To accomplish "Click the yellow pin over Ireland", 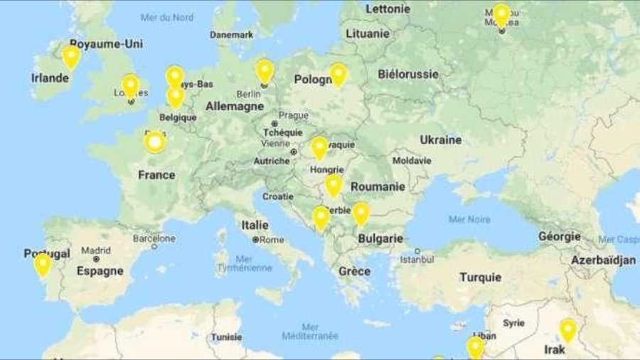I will (x=71, y=55).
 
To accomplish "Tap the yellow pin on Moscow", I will (x=501, y=14).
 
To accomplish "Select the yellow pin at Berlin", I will (x=265, y=70).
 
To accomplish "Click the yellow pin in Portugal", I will (x=43, y=264).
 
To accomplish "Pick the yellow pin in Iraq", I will (x=567, y=329).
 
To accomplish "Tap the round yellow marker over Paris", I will (x=155, y=142).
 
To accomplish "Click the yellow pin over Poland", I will (x=338, y=74).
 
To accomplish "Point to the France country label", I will (x=156, y=175).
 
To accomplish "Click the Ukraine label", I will (x=440, y=140).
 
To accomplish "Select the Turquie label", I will (x=480, y=277).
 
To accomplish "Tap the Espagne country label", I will (x=100, y=271).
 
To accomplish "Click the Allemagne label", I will (x=234, y=107).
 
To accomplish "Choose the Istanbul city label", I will (x=417, y=260).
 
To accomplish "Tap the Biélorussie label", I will (x=408, y=74).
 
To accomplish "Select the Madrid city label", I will (x=95, y=250).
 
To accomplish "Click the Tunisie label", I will (x=226, y=337).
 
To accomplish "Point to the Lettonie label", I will (x=388, y=9).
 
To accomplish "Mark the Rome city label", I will (x=272, y=240).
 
